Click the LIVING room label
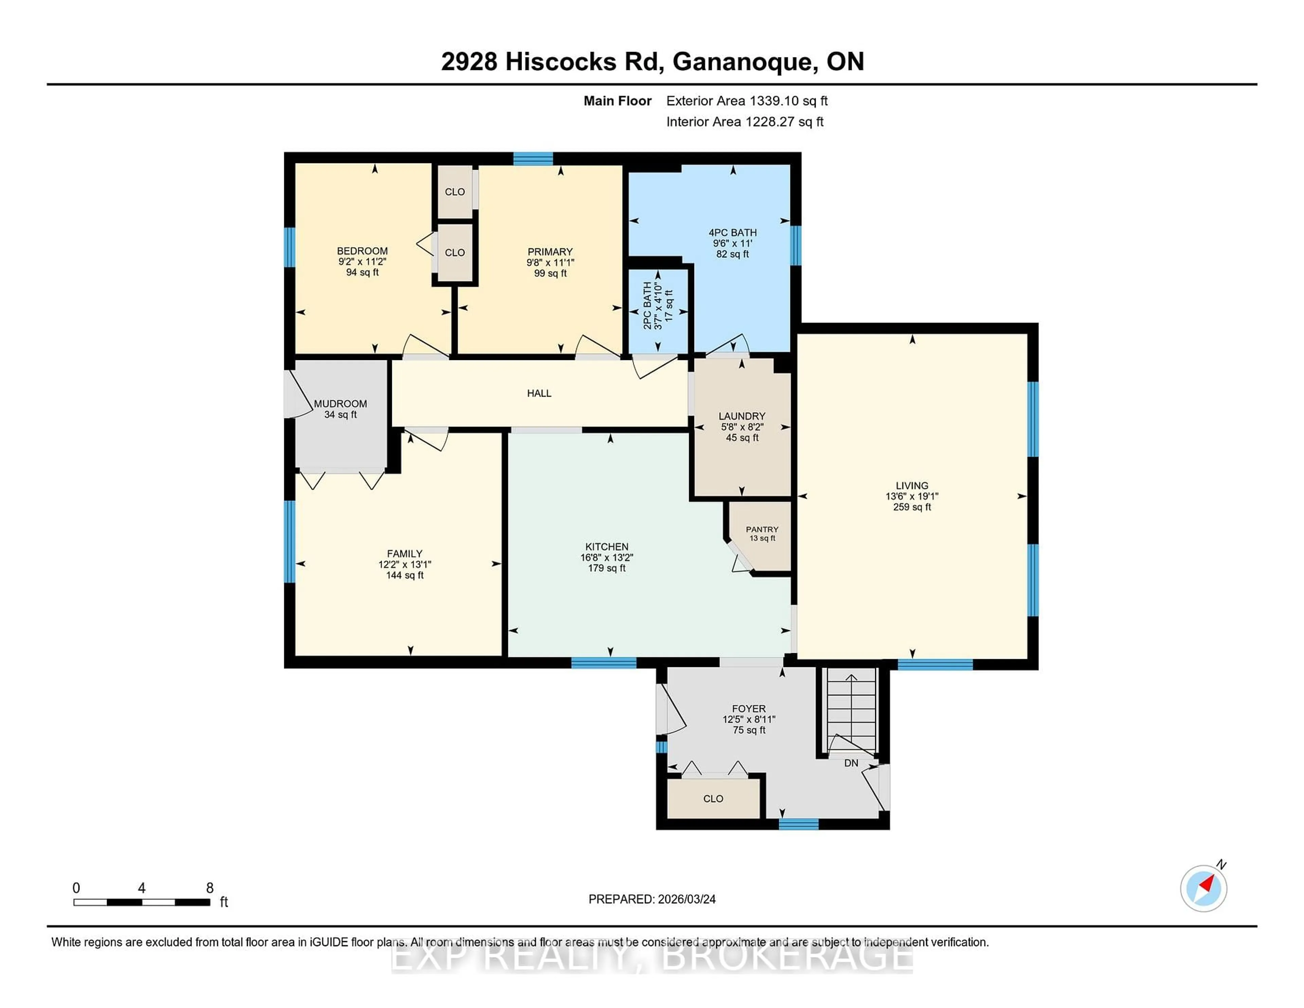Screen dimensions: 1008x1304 pyautogui.click(x=912, y=485)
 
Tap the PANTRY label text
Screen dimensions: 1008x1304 pyautogui.click(x=762, y=529)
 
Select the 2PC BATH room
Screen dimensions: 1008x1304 pyautogui.click(x=657, y=310)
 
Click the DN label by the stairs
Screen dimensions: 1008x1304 pyautogui.click(x=851, y=763)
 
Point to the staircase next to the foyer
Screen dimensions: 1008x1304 pyautogui.click(x=850, y=710)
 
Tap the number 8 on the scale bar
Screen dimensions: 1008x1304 pyautogui.click(x=210, y=888)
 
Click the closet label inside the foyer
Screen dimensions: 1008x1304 pyautogui.click(x=713, y=799)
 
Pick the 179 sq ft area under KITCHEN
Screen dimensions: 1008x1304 pyautogui.click(x=606, y=568)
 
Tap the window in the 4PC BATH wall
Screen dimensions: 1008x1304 pyautogui.click(x=795, y=245)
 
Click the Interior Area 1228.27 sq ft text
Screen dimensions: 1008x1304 pyautogui.click(x=745, y=122)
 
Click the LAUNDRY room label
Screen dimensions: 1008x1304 pyautogui.click(x=742, y=416)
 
